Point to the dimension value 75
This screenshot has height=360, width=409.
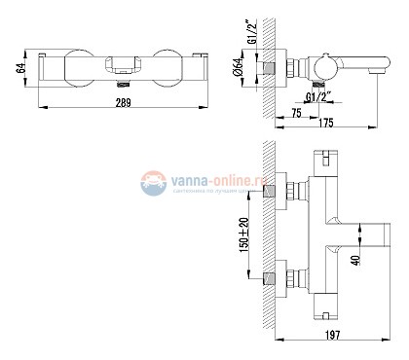(x=295, y=113)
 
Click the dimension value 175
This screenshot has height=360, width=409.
(x=328, y=121)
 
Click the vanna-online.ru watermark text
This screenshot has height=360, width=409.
(x=205, y=180)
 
